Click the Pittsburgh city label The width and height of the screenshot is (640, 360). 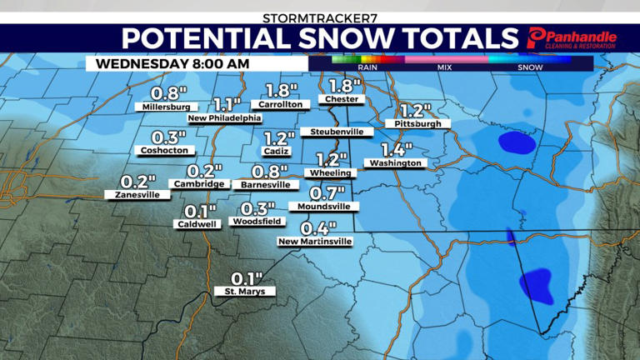click(417, 123)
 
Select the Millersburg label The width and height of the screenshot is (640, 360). click(167, 107)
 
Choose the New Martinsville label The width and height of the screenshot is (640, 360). click(315, 242)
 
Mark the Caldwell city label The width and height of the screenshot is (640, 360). click(197, 224)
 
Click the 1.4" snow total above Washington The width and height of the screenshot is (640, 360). click(397, 150)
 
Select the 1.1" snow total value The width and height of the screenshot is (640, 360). click(227, 104)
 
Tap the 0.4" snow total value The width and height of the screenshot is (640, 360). click(318, 227)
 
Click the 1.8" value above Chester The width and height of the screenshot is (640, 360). click(342, 86)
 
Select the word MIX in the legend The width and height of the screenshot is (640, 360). click(444, 67)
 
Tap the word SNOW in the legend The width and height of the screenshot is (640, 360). click(530, 67)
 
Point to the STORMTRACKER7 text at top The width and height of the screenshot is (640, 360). click(319, 17)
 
